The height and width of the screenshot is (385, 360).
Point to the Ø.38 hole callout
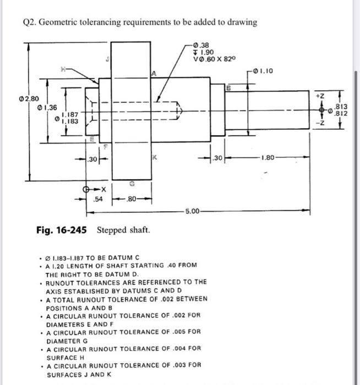201,45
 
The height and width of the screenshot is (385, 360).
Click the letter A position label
155,73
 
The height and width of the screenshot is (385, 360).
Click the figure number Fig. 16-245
58,229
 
